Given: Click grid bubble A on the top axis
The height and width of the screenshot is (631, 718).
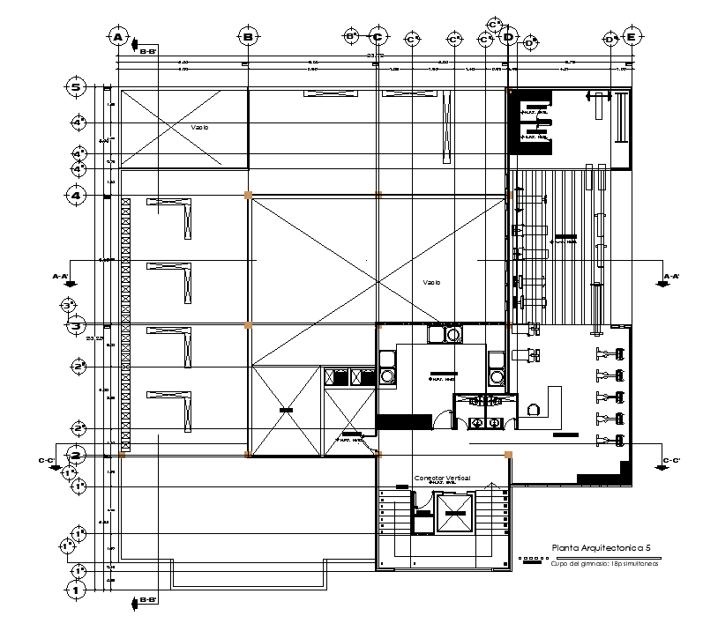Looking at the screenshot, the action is (x=116, y=37).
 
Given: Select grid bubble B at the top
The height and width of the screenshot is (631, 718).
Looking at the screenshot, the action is (x=248, y=37).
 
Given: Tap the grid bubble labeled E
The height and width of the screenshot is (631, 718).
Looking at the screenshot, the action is (x=632, y=37).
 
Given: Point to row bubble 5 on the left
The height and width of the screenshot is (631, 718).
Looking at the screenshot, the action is (x=78, y=87).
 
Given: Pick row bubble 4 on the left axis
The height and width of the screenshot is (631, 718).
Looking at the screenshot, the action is (x=78, y=195).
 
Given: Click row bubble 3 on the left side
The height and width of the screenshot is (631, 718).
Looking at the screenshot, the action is (x=78, y=326).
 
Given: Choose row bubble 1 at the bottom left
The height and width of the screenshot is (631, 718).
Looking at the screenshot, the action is (x=78, y=590).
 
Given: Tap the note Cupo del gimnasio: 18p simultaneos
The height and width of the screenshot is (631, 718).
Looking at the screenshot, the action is (x=593, y=564).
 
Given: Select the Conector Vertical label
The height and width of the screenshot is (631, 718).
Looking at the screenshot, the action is (x=442, y=477).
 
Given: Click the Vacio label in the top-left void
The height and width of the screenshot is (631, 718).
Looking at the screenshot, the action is (x=200, y=128).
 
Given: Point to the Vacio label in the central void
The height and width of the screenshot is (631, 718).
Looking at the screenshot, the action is (x=431, y=282).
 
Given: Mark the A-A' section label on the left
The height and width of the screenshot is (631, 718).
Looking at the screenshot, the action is (x=62, y=276).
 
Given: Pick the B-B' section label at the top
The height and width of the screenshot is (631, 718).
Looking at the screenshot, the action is (x=148, y=51).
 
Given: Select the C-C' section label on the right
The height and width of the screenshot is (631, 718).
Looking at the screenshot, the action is (x=671, y=460).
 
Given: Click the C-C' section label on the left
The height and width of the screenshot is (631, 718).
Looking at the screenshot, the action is (x=47, y=460).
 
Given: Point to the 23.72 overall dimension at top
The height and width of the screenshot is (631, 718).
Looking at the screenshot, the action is (x=374, y=56).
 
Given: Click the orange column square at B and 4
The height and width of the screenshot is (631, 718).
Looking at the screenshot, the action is (x=248, y=195).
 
